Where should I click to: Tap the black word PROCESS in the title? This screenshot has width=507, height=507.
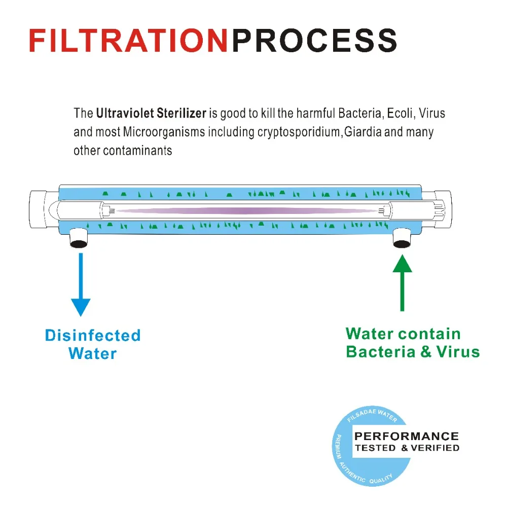(314, 40)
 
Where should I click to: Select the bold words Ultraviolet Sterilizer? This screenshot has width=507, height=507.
(151, 113)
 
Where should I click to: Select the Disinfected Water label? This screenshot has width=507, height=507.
(93, 344)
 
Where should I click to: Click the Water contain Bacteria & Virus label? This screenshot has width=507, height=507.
(412, 343)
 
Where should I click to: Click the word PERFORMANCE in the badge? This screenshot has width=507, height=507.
(407, 436)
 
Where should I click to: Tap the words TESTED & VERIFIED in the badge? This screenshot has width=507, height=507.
(407, 448)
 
